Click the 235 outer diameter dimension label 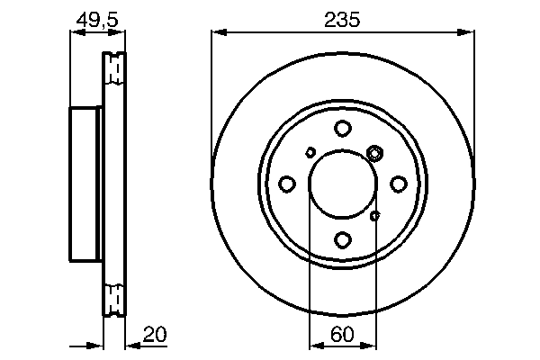(342, 20)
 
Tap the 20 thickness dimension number (156, 335)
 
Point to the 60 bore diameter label (342, 335)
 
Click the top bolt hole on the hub (342, 130)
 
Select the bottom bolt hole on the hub (342, 239)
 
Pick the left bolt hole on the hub (287, 184)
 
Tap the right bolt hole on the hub (398, 184)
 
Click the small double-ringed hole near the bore (375, 153)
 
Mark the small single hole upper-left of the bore (310, 152)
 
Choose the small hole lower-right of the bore (376, 214)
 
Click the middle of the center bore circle (342, 184)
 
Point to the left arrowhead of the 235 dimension (217, 33)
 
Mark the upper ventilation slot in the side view (115, 68)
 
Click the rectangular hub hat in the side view (86, 184)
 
